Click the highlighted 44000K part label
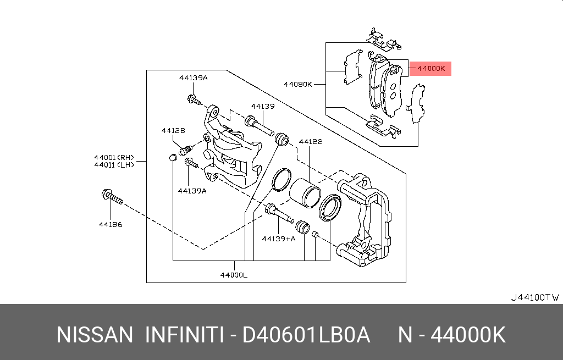point(430,69)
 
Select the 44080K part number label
point(298,85)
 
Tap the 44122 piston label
point(310,142)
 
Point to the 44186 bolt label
point(110,224)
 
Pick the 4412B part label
point(173,130)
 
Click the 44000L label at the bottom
point(233,274)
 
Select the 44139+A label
point(278,239)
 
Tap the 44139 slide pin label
point(263,106)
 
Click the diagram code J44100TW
point(535,297)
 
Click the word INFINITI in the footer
point(183,335)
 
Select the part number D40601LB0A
point(306,335)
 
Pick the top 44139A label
point(193,78)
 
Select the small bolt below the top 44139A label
point(194,101)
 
